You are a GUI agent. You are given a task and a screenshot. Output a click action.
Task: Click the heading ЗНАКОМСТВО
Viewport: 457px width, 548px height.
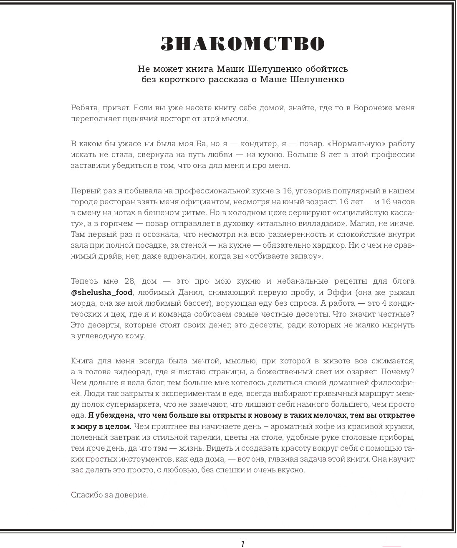[242, 44]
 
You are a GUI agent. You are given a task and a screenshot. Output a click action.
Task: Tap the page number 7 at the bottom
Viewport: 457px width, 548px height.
[242, 543]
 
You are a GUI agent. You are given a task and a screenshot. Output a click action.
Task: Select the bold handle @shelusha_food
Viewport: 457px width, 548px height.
[102, 292]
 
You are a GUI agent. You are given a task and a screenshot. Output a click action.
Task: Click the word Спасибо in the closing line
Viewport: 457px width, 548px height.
[86, 495]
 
